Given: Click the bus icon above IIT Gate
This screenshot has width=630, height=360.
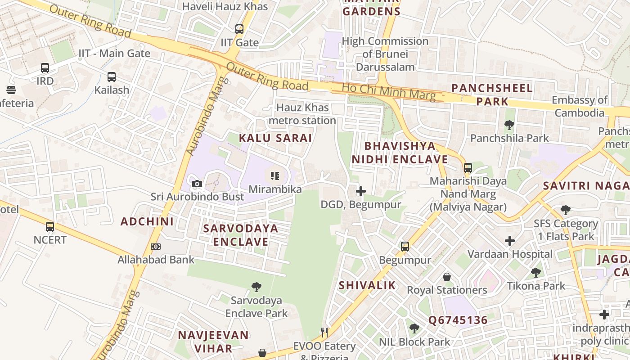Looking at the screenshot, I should coord(239,29).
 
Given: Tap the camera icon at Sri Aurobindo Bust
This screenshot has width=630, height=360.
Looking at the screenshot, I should coord(197,184).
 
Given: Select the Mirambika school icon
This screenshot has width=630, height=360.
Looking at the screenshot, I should coord(275,176).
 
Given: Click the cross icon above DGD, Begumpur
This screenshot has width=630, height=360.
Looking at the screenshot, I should coord(360,191).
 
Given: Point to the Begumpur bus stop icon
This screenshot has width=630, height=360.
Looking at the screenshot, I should coord(405,247).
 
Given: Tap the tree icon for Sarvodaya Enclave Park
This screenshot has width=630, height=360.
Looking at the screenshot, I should coord(256,287).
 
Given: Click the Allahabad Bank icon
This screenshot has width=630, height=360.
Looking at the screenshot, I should coord(156,247).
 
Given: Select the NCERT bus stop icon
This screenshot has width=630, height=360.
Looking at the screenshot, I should coord(50,226).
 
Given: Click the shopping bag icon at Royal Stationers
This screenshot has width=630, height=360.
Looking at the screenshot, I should coord(447,276).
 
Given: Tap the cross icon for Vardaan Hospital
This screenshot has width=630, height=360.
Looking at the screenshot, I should coord(509,241).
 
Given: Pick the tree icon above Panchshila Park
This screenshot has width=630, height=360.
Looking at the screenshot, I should coord(509,125).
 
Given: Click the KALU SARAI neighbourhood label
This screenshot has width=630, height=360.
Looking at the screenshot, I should coord(275,138).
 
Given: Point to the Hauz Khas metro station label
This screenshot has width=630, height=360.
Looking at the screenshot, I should coord(302,114).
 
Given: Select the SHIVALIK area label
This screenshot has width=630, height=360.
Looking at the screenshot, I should coord(367,285).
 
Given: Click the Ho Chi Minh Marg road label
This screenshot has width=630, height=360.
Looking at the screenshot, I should coord(389,92).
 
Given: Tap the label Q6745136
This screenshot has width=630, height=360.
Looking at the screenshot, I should coord(458,320).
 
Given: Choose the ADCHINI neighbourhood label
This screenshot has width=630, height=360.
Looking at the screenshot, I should coord(147,221).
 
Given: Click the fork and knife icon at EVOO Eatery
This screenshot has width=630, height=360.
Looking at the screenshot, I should coord(324,333).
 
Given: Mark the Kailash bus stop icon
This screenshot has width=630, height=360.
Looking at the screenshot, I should coord(112,77).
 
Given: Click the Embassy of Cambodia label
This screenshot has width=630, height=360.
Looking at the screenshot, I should coord(580,106).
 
